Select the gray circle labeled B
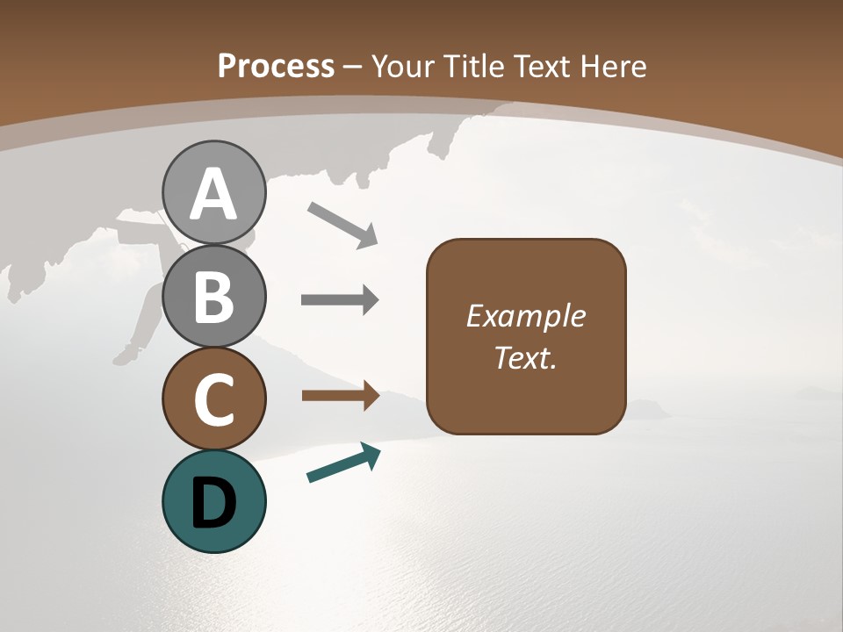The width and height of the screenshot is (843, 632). tap(213, 297)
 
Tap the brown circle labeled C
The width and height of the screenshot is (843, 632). tap(213, 399)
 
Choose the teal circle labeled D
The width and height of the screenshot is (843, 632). tap(213, 501)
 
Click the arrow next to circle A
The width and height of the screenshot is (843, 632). tap(342, 225)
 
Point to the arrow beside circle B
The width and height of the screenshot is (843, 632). tap(340, 300)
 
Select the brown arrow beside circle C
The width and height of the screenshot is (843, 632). tap(340, 396)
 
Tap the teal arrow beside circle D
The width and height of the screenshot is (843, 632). tap(343, 463)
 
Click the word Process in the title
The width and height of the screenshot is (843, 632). tap(276, 66)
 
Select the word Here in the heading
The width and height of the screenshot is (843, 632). tap(615, 66)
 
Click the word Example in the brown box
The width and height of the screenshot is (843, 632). tap(525, 316)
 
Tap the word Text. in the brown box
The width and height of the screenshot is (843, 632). tap(525, 357)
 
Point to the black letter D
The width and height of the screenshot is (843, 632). tap(213, 503)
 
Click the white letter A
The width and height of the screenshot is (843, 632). tap(213, 195)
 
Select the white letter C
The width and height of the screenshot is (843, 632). tap(213, 400)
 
